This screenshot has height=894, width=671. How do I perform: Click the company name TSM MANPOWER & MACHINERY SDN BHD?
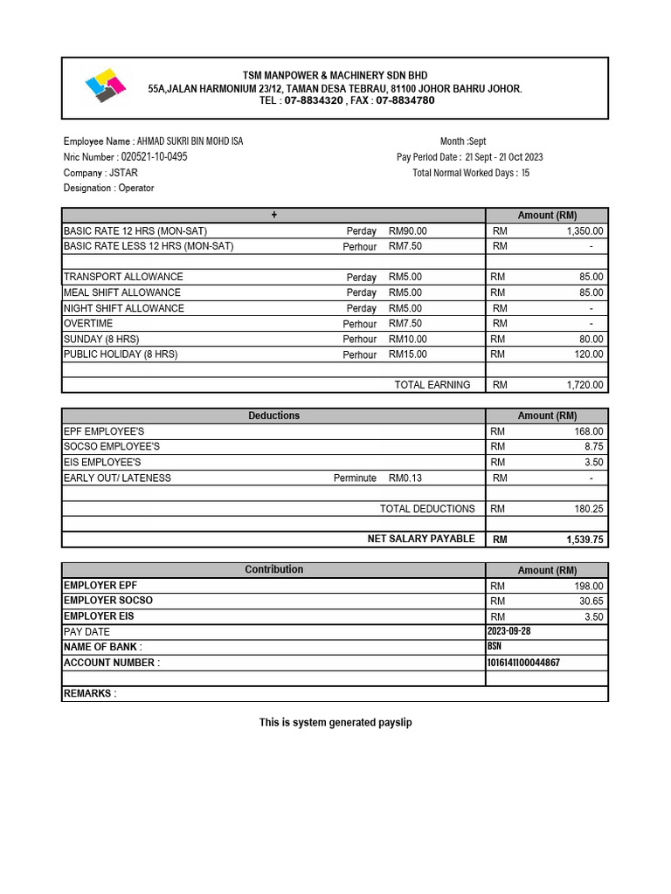pyautogui.click(x=335, y=76)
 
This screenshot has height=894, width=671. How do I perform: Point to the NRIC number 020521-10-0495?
pyautogui.click(x=148, y=157)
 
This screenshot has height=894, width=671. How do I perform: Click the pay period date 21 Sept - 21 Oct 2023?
pyautogui.click(x=503, y=157)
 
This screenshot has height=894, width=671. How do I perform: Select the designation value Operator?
pyautogui.click(x=136, y=188)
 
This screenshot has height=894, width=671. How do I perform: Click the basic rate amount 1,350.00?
pyautogui.click(x=585, y=231)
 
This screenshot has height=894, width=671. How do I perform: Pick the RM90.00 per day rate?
pyautogui.click(x=408, y=231)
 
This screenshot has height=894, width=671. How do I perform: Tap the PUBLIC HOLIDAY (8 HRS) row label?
pyautogui.click(x=121, y=354)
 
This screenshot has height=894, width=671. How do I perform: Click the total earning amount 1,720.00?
pyautogui.click(x=585, y=385)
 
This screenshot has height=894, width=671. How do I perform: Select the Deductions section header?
pyautogui.click(x=273, y=416)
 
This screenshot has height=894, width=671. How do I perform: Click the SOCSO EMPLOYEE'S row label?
pyautogui.click(x=112, y=446)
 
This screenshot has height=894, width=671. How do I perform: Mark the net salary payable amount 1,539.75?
pyautogui.click(x=585, y=540)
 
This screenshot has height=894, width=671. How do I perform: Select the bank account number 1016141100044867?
pyautogui.click(x=523, y=663)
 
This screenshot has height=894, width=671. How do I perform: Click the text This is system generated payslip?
pyautogui.click(x=335, y=723)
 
